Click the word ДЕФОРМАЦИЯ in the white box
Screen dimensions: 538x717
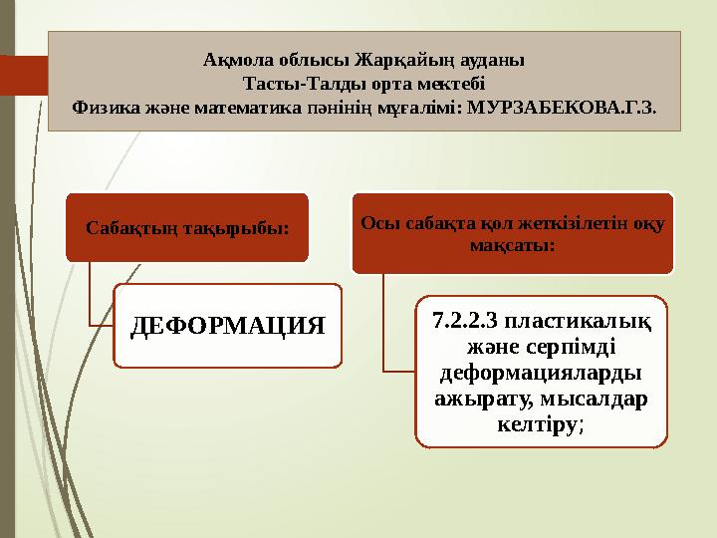(229, 326)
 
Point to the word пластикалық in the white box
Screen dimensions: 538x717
(581, 323)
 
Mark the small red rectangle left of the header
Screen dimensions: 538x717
(22, 74)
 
